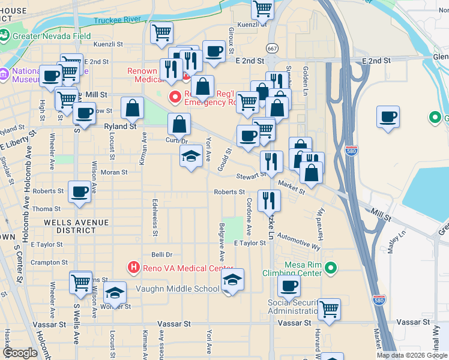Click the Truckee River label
(x=118, y=20)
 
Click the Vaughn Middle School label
(x=178, y=289)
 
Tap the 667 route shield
(x=273, y=48)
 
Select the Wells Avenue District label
(x=76, y=222)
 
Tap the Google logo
(x=20, y=353)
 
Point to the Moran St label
(x=114, y=172)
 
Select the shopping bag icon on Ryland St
(x=132, y=108)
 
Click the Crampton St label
(x=49, y=263)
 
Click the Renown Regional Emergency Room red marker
(x=175, y=96)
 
